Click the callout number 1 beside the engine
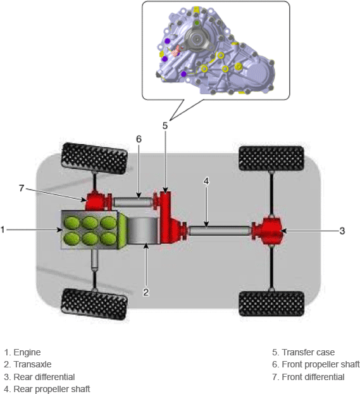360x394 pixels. point(3,230)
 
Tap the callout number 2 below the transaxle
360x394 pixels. point(146,292)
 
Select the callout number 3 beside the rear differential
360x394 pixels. point(342,231)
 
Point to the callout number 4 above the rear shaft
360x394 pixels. point(206,181)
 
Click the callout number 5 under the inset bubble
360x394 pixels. point(165,125)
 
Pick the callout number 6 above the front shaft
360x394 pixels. point(139,139)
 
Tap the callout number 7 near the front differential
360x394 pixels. point(22,188)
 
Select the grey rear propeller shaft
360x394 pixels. point(220,231)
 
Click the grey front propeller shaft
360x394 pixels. point(133,202)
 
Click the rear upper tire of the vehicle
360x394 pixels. point(271,158)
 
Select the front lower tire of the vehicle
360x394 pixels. point(94,304)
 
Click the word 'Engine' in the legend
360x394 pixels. point(27,352)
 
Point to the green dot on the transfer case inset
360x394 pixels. point(197,23)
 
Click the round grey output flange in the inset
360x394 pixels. point(197,38)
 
